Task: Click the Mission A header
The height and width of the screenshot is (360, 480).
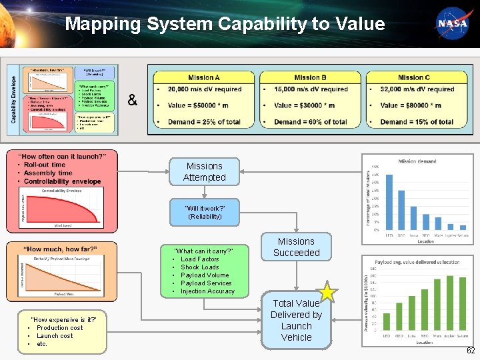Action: pyautogui.click(x=203, y=77)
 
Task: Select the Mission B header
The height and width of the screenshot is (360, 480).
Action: pyautogui.click(x=310, y=77)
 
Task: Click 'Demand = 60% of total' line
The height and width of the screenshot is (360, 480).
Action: pyautogui.click(x=310, y=122)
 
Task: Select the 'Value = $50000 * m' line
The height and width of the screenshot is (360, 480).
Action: pyautogui.click(x=201, y=105)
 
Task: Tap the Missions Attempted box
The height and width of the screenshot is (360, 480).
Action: pyautogui.click(x=204, y=172)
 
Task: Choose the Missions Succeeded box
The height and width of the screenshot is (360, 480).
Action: pyautogui.click(x=296, y=247)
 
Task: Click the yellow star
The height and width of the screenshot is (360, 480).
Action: pyautogui.click(x=327, y=292)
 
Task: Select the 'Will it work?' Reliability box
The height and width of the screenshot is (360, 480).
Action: pyautogui.click(x=204, y=212)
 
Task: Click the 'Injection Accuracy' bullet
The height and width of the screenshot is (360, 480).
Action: pyautogui.click(x=207, y=291)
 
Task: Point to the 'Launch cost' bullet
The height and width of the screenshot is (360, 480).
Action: pyautogui.click(x=55, y=336)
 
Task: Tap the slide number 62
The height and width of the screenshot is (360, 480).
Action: pyautogui.click(x=471, y=351)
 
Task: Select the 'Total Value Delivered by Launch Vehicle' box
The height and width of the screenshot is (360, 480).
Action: pyautogui.click(x=296, y=320)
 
